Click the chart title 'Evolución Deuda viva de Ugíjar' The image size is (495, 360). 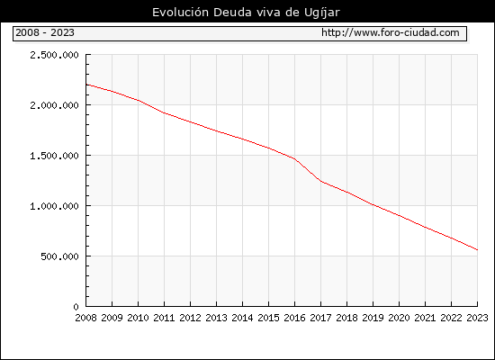(246, 13)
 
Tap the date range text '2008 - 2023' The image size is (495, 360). (45, 32)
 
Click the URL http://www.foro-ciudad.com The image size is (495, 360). (391, 32)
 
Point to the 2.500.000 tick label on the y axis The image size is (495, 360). (54, 55)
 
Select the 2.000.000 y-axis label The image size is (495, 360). (54, 105)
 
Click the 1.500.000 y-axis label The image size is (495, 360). (54, 156)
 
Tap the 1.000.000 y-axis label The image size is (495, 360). (54, 206)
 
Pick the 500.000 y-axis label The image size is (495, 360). (59, 256)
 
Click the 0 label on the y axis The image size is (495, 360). (76, 307)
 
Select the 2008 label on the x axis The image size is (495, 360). (85, 318)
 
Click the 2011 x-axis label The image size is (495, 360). (164, 318)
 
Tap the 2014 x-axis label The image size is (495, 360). (242, 318)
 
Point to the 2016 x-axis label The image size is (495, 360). (294, 318)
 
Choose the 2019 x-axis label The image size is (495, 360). (373, 318)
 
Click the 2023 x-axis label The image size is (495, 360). (477, 318)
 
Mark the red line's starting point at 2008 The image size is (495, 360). (86, 85)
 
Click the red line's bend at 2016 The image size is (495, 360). (294, 158)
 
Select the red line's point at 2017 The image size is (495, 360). (320, 181)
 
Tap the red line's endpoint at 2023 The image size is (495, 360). (477, 250)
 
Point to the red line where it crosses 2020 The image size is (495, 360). (399, 216)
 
